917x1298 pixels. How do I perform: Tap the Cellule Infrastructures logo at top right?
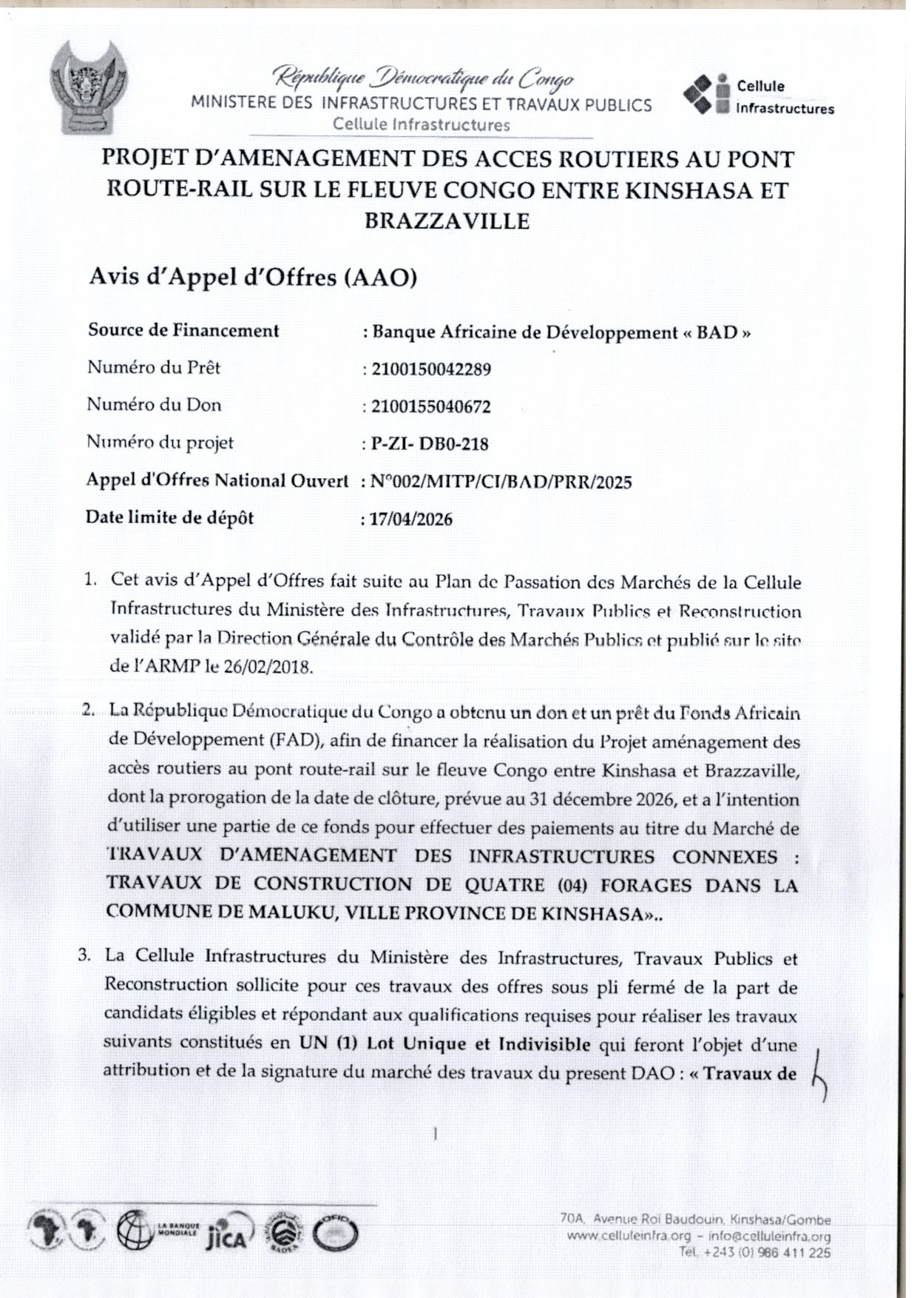tap(759, 95)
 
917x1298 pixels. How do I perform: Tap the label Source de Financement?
tap(183, 330)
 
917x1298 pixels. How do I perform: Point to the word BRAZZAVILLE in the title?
tap(447, 221)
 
